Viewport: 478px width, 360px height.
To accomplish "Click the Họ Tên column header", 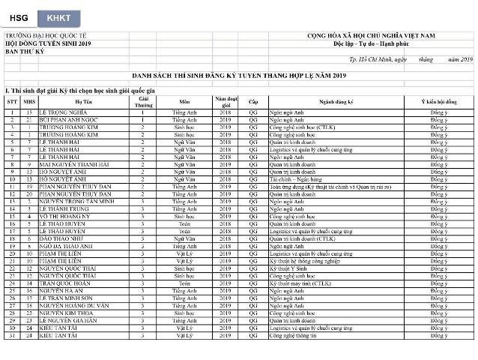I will click(82, 100).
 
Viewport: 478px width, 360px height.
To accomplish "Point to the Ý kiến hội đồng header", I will click(438, 100).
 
